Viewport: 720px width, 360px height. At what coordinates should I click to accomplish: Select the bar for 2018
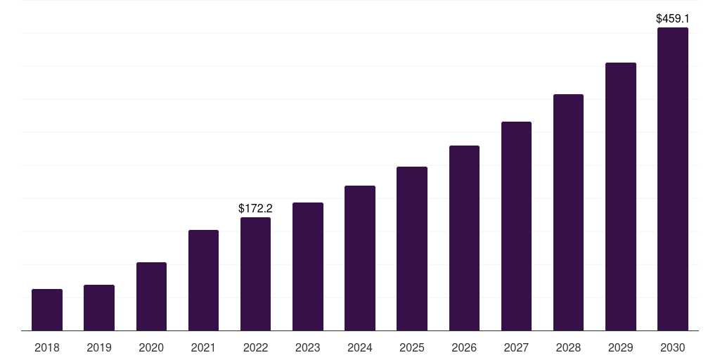point(47,310)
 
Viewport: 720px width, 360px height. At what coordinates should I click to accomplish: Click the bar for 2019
point(99,308)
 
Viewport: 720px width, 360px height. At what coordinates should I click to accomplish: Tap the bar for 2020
point(152,297)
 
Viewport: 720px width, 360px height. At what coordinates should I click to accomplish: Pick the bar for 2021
point(203,281)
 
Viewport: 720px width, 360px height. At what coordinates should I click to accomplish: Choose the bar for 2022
point(255,274)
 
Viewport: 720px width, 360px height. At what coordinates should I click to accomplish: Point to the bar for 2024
point(360,258)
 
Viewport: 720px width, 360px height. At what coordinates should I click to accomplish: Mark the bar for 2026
point(464,238)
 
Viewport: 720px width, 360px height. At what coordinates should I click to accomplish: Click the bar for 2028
point(568,212)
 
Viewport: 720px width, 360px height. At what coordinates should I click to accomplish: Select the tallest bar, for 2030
point(673,179)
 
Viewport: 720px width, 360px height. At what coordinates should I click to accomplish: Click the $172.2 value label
point(255,208)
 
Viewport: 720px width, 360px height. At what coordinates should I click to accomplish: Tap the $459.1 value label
point(673,18)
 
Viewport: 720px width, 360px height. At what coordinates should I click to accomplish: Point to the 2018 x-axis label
point(47,347)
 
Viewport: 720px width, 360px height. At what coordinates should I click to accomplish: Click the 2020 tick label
point(152,347)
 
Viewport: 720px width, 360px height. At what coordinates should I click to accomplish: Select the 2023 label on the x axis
point(308,347)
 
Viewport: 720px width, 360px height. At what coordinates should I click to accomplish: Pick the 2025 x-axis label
point(412,347)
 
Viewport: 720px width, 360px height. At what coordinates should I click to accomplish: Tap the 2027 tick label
point(516,347)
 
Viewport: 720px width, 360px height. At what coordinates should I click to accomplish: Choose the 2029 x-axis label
point(621,347)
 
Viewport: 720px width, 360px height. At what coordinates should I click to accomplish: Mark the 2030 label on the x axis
point(673,347)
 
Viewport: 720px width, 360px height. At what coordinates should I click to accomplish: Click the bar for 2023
point(308,266)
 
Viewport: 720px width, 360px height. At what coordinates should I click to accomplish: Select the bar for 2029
point(621,197)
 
